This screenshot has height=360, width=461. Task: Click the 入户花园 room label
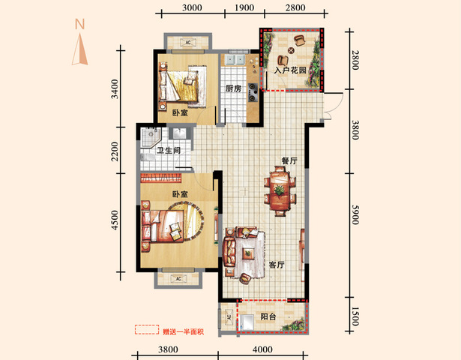(x=290, y=70)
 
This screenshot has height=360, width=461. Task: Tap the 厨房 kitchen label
(x=233, y=88)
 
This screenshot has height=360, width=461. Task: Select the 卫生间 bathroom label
(x=169, y=151)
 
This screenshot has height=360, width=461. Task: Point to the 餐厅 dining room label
(x=289, y=161)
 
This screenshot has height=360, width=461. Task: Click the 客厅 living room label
(x=277, y=265)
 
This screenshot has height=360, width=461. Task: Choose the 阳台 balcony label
(x=268, y=316)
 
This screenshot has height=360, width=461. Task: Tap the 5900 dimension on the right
(x=355, y=214)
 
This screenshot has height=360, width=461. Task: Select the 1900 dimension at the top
(x=244, y=7)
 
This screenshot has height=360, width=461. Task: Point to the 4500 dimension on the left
(x=115, y=220)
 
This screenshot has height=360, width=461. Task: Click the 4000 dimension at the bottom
(x=262, y=349)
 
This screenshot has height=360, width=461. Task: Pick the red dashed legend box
(x=147, y=330)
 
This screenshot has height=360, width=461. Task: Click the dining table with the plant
(x=280, y=191)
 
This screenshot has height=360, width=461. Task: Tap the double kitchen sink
(x=235, y=60)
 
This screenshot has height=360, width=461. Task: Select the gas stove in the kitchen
(x=253, y=92)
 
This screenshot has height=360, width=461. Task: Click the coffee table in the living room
(x=248, y=253)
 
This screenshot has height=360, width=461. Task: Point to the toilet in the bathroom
(x=148, y=157)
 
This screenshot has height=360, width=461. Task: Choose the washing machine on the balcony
(x=246, y=322)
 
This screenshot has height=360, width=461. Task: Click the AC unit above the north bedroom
(x=188, y=42)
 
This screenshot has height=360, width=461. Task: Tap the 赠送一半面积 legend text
(x=183, y=331)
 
